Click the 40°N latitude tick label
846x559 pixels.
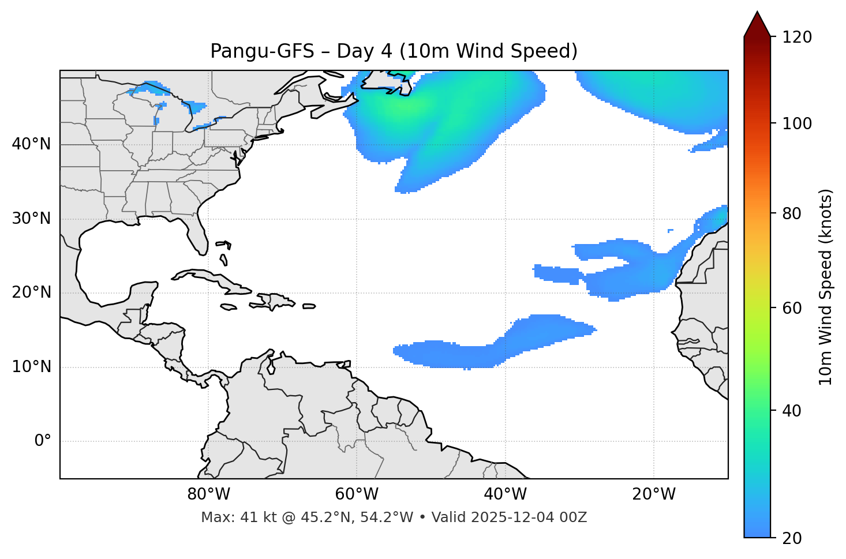(x=31, y=144)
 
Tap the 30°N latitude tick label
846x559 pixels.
(x=31, y=219)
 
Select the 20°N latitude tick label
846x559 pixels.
(x=31, y=292)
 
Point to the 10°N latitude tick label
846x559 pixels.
(x=31, y=367)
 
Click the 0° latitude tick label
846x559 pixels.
(x=43, y=441)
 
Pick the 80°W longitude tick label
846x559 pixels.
(x=208, y=494)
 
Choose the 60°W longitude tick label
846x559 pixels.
(x=357, y=494)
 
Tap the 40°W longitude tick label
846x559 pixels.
(x=505, y=494)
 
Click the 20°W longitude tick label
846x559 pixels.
(x=654, y=494)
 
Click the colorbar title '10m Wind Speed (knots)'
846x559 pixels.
(x=826, y=287)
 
